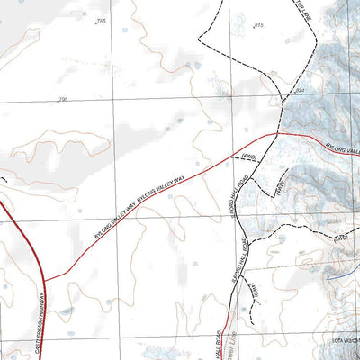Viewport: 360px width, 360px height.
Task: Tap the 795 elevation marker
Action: tap(63, 99)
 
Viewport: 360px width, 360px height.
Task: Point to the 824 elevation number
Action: tap(300, 93)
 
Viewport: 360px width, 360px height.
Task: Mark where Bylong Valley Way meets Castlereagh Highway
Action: tap(44, 280)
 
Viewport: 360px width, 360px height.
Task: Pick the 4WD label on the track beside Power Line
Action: tap(253, 291)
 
